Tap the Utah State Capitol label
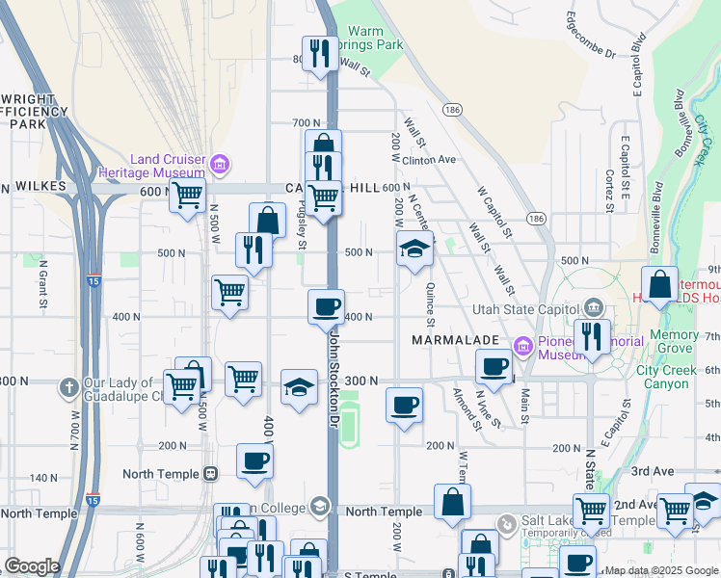tap(526, 309)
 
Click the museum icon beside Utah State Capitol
tap(593, 308)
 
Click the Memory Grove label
tap(674, 342)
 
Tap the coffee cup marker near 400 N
tap(327, 306)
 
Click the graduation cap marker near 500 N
tap(414, 249)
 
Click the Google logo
tap(32, 566)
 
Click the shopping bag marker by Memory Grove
tap(660, 285)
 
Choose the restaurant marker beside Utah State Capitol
tap(590, 336)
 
